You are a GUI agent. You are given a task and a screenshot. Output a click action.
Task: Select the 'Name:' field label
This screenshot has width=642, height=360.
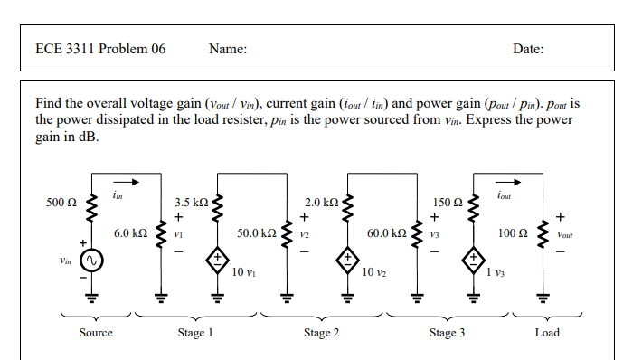tap(228, 49)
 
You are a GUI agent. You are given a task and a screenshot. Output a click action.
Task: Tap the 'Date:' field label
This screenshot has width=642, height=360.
tap(527, 49)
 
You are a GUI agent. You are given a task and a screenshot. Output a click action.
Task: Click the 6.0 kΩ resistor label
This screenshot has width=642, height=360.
tap(130, 232)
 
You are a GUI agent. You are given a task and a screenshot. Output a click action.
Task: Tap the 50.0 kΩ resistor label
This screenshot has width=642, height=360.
tap(256, 232)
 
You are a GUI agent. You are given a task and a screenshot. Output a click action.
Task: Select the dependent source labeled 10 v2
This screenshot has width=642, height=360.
tap(346, 259)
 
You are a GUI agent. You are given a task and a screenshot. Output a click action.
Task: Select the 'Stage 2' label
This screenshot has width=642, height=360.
tap(321, 333)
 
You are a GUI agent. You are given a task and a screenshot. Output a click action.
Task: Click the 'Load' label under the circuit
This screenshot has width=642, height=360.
tap(547, 333)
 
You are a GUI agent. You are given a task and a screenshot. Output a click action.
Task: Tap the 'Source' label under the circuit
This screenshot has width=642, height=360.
tap(96, 333)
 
